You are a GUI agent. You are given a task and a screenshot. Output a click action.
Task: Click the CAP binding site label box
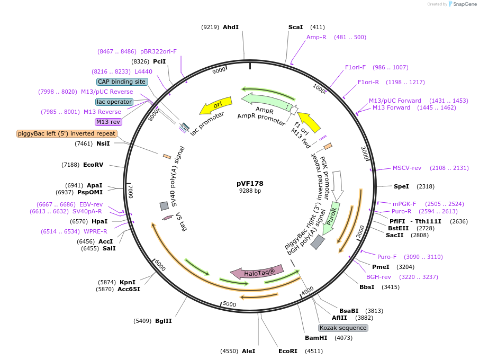121,82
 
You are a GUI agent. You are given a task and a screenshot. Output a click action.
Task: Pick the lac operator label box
114,102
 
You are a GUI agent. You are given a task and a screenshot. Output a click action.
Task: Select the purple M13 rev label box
109,122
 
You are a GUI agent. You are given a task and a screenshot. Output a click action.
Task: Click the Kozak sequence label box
343,328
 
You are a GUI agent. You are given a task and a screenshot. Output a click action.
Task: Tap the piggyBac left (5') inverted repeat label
67,133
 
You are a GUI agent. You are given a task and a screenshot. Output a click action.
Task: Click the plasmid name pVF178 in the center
250,184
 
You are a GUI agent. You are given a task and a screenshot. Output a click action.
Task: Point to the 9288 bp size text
250,191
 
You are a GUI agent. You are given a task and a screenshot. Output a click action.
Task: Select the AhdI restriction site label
231,27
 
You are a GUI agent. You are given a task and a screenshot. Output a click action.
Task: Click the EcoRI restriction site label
288,350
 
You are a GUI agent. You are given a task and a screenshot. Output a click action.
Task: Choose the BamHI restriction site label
316,337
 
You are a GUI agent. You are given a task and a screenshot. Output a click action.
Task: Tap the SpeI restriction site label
402,186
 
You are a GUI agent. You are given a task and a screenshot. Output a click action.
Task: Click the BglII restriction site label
164,321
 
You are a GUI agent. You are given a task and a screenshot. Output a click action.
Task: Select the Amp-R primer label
317,37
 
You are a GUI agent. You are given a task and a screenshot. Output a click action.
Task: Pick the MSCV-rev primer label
407,168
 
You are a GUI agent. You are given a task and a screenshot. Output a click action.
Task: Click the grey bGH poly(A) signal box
318,242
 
